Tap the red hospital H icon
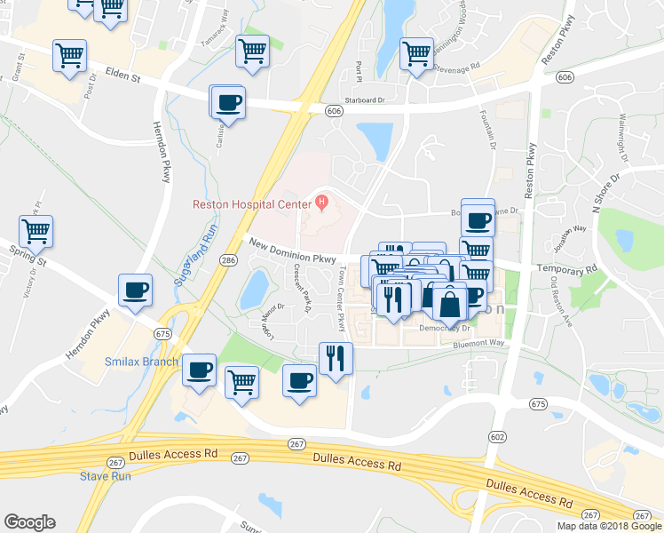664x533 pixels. [x=321, y=203]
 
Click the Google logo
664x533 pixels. [x=29, y=522]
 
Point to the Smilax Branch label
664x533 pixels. [x=141, y=362]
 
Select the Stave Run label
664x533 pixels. [x=106, y=476]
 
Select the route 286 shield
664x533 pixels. [x=228, y=260]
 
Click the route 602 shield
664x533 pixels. [x=497, y=436]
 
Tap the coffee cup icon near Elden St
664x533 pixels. [x=228, y=101]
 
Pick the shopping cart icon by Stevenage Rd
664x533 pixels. [x=416, y=53]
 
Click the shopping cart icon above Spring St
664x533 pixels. [x=36, y=231]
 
